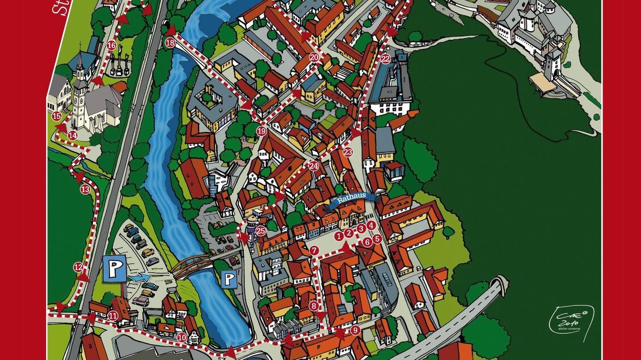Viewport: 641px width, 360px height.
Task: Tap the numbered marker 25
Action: [x=260, y=231]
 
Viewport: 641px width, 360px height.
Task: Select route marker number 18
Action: [x=170, y=43]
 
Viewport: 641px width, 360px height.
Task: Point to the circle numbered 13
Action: [x=85, y=189]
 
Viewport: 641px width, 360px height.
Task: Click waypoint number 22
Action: [x=386, y=58]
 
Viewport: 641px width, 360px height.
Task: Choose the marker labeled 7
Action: [x=314, y=250]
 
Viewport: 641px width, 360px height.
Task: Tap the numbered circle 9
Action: [x=355, y=330]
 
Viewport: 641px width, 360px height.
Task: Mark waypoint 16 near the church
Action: [x=111, y=45]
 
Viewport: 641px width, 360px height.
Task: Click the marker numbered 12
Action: [x=78, y=267]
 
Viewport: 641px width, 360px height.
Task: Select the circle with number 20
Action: [x=314, y=57]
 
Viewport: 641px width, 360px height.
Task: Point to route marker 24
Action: [x=314, y=166]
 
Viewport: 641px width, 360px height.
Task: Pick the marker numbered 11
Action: [x=113, y=316]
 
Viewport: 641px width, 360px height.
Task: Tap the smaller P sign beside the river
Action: [x=229, y=278]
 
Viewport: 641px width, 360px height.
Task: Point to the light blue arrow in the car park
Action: [x=141, y=277]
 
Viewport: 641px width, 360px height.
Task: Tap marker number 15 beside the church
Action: [x=56, y=116]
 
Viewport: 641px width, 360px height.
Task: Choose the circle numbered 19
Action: [x=261, y=131]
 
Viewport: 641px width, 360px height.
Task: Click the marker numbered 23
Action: [x=348, y=152]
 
